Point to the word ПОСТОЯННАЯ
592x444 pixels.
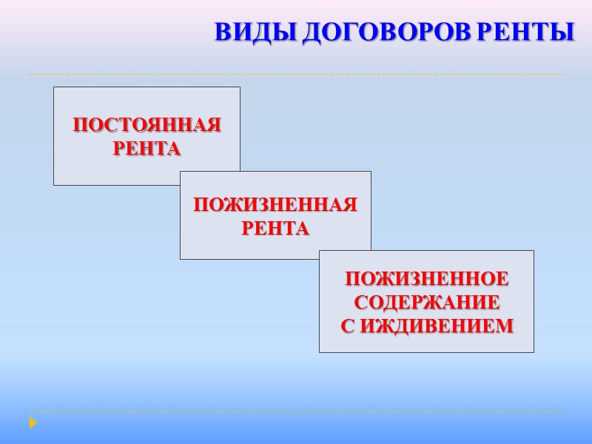click(147, 125)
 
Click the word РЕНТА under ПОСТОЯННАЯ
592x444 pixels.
click(147, 149)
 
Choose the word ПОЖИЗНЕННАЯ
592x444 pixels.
click(275, 205)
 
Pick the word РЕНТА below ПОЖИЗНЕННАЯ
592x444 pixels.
click(275, 229)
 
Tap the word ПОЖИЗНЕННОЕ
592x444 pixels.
click(427, 280)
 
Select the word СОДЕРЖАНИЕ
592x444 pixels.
click(427, 303)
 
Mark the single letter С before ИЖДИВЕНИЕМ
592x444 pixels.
click(348, 326)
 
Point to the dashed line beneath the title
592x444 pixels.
click(296, 74)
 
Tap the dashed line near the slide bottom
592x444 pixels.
click(296, 412)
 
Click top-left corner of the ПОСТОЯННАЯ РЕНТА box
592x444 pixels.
click(54, 87)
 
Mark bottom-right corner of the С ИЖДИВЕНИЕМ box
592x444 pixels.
click(534, 352)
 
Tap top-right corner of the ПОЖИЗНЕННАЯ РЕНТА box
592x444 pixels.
click(371, 172)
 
